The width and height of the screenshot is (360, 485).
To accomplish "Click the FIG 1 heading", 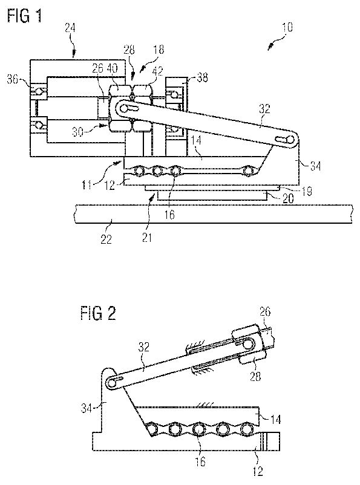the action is [24, 16].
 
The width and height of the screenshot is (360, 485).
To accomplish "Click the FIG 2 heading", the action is [99, 313].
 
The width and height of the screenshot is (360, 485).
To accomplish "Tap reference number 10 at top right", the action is [287, 28].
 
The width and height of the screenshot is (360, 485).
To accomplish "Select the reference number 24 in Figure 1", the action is [70, 29].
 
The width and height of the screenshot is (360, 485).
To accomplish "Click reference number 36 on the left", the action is [13, 79].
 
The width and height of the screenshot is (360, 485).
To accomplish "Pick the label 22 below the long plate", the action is [106, 239].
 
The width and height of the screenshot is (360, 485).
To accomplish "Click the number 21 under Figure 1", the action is [147, 238].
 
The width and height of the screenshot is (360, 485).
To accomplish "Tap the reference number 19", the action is [306, 191].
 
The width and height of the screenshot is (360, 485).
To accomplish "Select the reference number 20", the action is [288, 198].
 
